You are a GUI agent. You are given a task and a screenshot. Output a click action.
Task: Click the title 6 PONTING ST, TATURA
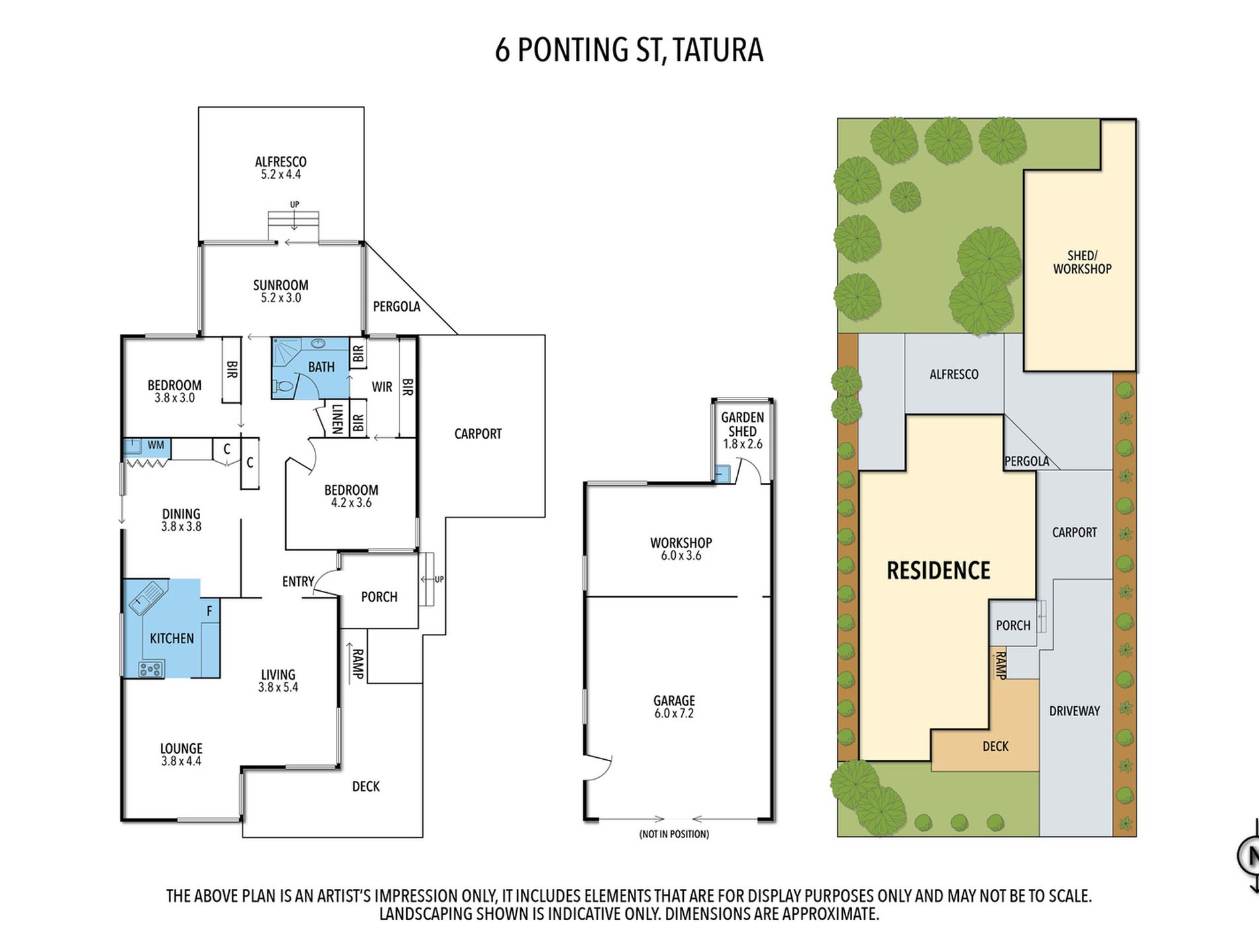629,50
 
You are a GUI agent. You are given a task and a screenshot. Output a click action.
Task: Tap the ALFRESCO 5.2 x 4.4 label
281,168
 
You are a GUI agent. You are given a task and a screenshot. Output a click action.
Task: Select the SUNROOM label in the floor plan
281,286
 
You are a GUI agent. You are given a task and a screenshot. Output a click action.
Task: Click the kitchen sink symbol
147,598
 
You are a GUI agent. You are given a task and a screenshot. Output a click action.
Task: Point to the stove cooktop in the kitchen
151,669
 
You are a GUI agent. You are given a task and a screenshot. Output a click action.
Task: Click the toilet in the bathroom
283,387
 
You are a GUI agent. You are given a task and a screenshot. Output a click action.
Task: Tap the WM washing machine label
156,445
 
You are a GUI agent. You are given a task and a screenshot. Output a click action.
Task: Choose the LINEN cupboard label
337,419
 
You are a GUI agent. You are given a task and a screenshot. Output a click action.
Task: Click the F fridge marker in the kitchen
209,611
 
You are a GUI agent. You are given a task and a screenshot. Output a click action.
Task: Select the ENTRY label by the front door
298,582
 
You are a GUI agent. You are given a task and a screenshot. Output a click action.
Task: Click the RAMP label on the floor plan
358,664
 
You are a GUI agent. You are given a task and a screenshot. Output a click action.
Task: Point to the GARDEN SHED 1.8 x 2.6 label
743,431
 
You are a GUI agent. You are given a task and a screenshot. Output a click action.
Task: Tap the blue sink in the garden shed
722,474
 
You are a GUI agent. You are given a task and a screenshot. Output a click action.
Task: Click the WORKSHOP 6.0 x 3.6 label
681,549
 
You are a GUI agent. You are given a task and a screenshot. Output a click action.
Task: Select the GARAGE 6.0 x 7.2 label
674,706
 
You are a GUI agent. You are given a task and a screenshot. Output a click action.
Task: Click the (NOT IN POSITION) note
674,834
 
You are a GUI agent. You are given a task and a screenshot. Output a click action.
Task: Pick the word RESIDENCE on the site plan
938,570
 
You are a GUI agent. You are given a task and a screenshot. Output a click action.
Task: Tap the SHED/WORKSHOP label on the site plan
1083,262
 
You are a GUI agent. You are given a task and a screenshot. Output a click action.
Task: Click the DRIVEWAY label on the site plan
1074,711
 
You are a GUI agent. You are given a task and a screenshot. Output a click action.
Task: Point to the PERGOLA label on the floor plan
396,307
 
